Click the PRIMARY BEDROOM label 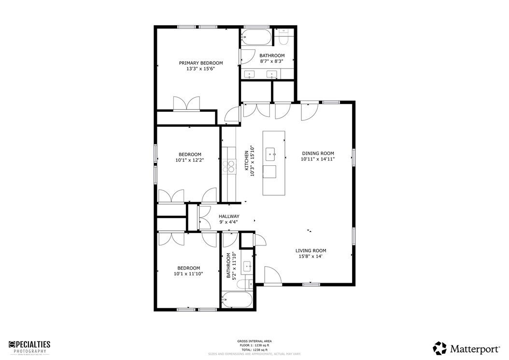[x=201, y=63]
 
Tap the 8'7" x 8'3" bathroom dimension [x=272, y=61]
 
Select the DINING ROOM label [x=317, y=153]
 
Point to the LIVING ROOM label [x=311, y=251]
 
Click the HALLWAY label [x=229, y=216]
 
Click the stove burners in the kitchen [x=229, y=166]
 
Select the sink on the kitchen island [x=271, y=155]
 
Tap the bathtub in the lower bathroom [x=237, y=300]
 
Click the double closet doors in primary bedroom [x=186, y=104]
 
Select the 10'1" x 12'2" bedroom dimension [x=189, y=160]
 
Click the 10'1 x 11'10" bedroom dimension [x=188, y=274]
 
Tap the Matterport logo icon [x=439, y=348]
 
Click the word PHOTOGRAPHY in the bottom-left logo [x=30, y=351]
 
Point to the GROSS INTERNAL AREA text [x=254, y=341]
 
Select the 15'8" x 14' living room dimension [x=311, y=257]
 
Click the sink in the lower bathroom [x=247, y=265]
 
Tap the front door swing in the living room [x=273, y=275]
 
